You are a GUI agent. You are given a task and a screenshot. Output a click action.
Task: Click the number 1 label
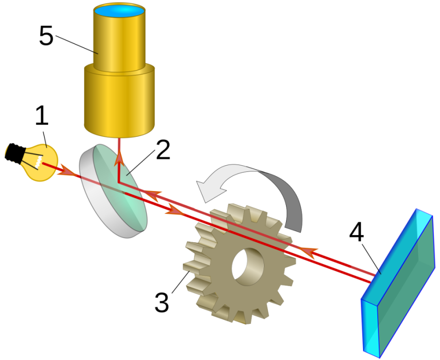point(42,115)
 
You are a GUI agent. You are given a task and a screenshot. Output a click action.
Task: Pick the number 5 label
point(46,36)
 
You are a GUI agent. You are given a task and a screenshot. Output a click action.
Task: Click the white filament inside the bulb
point(38,162)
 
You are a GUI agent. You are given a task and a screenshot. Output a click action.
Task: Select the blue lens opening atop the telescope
point(119,11)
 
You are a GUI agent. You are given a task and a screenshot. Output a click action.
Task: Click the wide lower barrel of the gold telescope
point(119,101)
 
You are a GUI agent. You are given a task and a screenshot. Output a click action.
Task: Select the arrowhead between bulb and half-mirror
point(67,170)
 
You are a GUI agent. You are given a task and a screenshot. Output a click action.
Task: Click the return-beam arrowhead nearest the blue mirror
point(308,251)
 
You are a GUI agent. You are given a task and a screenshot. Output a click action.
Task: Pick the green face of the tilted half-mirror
point(121,187)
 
